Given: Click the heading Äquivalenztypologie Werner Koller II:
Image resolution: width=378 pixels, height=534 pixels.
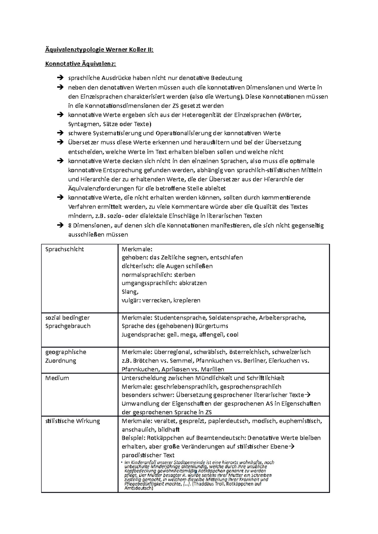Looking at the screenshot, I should point(99,50).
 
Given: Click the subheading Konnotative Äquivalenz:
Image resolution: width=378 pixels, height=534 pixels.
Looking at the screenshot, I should point(81,64).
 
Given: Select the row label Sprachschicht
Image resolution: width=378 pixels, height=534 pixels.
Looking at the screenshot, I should point(65,249).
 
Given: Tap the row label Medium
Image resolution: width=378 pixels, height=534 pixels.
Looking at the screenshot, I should point(57,378).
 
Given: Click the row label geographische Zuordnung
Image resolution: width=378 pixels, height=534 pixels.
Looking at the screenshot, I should point(66,356).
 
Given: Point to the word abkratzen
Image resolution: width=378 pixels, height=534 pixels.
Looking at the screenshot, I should point(193,283).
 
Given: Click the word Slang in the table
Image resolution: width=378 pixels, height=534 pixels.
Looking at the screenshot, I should point(129,292).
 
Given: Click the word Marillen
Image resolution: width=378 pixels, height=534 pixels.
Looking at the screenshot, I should point(212,369).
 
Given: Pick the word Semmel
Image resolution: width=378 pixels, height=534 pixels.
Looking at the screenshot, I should point(183,361).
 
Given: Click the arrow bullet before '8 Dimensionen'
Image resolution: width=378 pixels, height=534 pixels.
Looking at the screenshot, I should point(60,225).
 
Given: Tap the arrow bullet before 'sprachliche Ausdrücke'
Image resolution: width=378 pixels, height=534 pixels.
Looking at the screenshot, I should point(60,78).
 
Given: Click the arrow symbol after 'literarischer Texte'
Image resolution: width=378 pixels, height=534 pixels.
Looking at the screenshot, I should point(308,395).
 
